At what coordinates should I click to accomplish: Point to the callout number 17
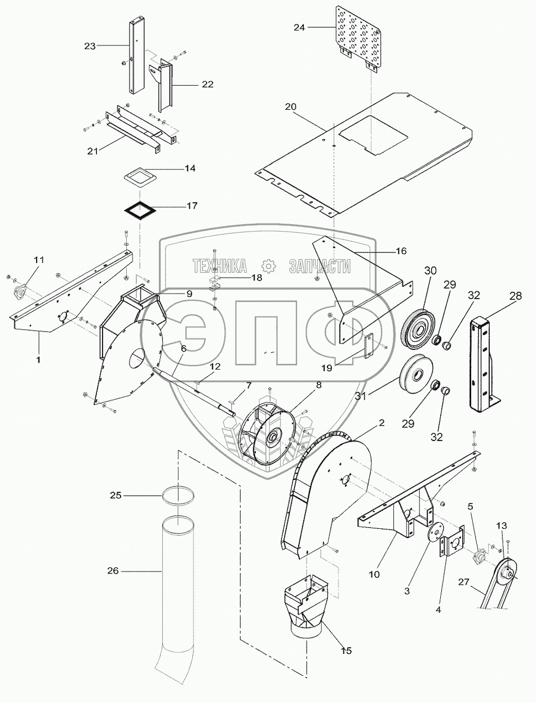pos(192,206)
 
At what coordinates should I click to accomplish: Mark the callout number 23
pos(90,47)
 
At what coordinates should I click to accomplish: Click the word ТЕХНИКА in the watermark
pos(220,265)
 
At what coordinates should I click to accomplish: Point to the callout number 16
pos(400,251)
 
